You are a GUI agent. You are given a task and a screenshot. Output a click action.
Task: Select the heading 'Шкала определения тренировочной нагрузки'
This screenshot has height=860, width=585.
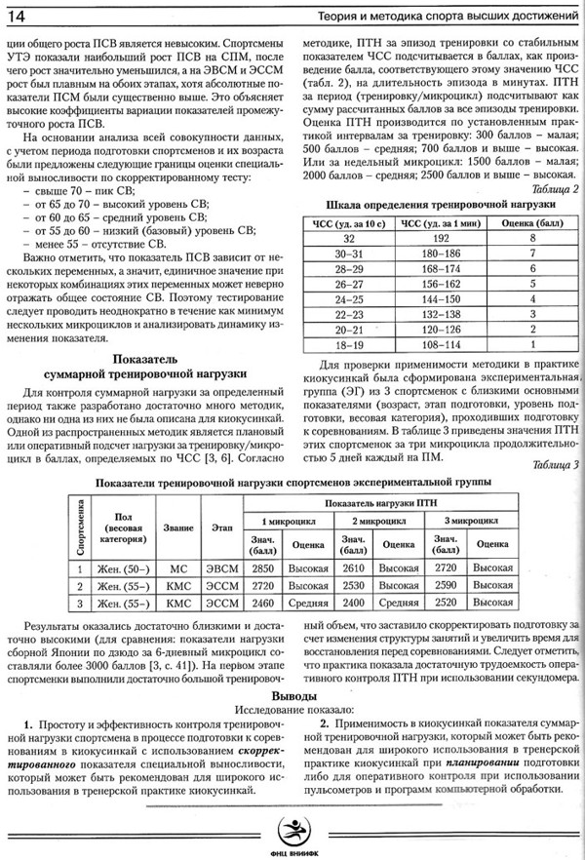435,205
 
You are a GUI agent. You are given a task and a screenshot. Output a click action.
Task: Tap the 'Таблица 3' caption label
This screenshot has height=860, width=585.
551,464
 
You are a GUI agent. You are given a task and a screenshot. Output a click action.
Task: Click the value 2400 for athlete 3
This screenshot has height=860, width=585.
356,604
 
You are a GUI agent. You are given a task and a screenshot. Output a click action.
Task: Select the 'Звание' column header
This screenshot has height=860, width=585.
175,528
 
